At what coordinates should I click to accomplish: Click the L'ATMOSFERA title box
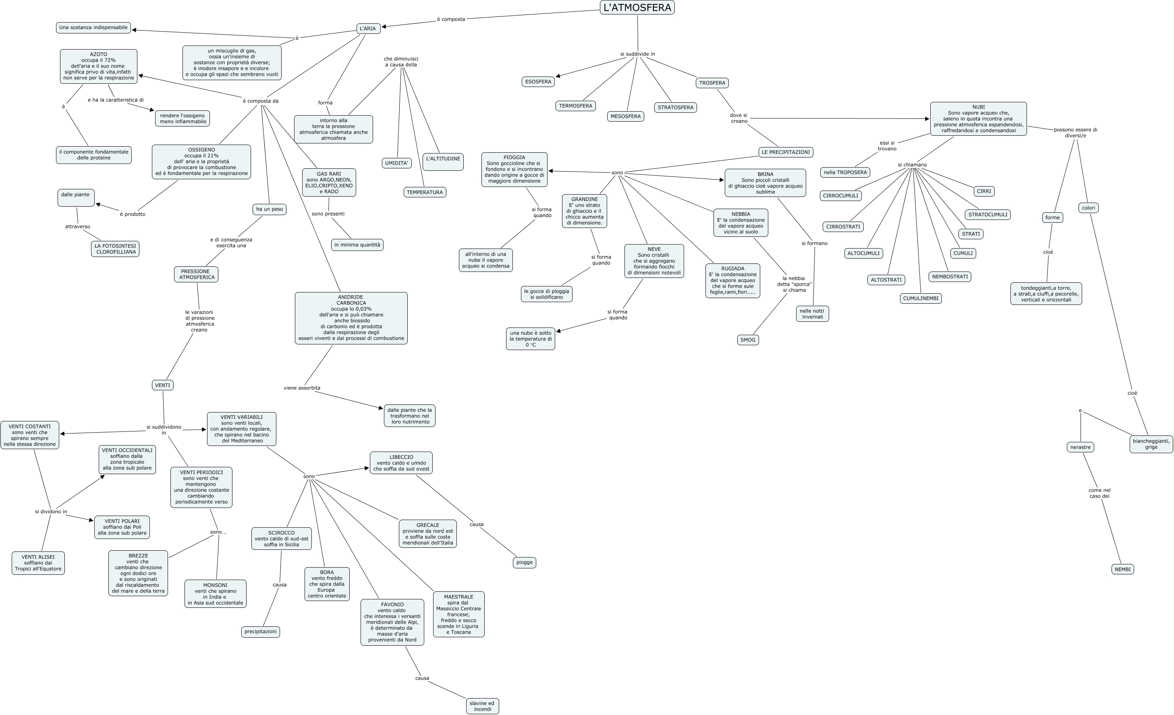click(637, 8)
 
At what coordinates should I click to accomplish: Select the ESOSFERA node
click(538, 82)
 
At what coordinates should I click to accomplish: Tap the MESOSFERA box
click(626, 116)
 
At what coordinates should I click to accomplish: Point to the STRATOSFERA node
click(675, 108)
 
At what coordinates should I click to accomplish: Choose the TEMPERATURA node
click(425, 193)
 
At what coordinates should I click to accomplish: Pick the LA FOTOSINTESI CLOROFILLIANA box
click(115, 249)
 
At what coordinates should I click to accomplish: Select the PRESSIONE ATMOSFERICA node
click(196, 274)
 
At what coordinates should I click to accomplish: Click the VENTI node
click(162, 385)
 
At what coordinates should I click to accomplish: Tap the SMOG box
click(748, 340)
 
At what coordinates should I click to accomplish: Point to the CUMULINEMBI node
click(921, 298)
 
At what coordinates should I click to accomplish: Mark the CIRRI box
click(983, 191)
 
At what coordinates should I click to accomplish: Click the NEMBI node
click(1122, 569)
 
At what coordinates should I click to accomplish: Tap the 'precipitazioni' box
click(260, 632)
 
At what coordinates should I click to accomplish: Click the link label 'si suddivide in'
click(637, 54)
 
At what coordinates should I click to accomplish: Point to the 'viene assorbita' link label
click(302, 388)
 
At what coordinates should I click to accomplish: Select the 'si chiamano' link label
click(912, 165)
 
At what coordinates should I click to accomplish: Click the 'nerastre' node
click(1080, 447)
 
